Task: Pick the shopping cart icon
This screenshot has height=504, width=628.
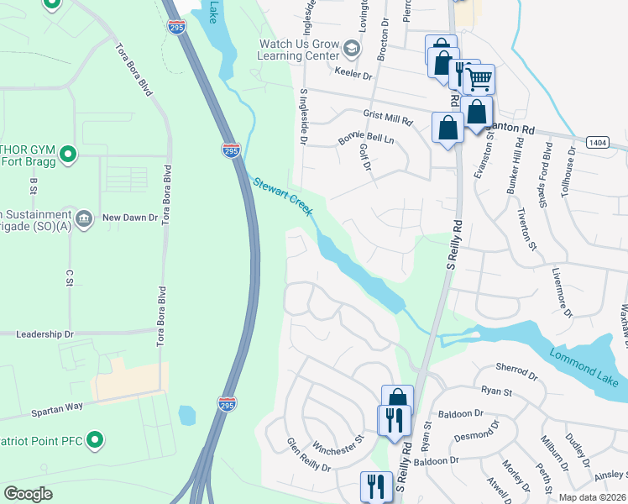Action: coord(479,80)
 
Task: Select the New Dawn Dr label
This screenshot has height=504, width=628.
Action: coord(130,218)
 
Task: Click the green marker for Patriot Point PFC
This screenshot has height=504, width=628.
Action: coord(96,439)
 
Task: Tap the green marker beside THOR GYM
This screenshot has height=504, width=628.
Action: coord(70,154)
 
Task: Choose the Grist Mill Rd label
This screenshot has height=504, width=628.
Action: coord(388,118)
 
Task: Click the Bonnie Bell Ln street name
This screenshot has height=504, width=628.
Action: coord(366,137)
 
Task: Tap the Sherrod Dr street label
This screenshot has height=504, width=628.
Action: coord(515,370)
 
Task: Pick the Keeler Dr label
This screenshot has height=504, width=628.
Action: coord(354,75)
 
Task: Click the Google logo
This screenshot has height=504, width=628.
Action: coord(29,493)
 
